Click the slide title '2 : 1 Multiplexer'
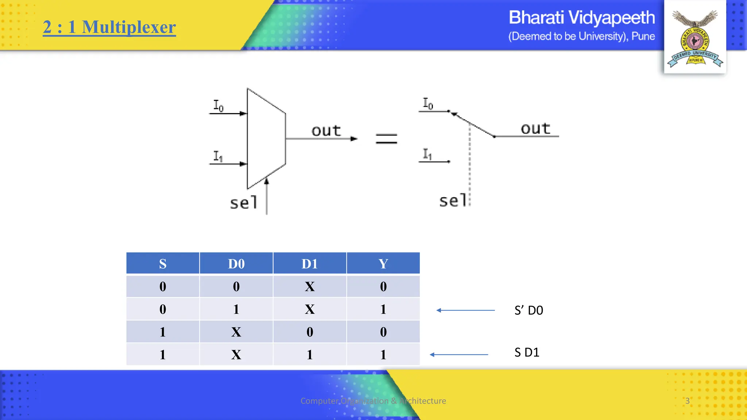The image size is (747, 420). click(x=109, y=27)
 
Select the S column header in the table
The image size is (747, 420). click(x=163, y=263)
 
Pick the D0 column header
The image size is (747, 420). click(x=236, y=263)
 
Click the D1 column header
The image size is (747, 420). click(x=309, y=263)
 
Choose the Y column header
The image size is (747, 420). click(x=383, y=263)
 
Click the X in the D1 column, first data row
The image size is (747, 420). click(x=309, y=287)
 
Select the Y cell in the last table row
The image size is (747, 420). click(x=383, y=354)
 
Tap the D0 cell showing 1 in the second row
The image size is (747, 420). click(x=236, y=309)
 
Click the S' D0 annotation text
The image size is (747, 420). click(x=529, y=310)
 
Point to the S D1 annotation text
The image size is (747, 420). click(x=527, y=352)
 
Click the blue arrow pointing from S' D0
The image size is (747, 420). click(x=465, y=310)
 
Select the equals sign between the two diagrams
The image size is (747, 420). click(x=386, y=139)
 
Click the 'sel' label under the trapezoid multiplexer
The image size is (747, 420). click(x=244, y=203)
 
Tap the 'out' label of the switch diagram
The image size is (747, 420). click(x=535, y=128)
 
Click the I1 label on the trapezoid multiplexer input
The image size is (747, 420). click(x=218, y=156)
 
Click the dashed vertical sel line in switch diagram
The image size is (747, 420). click(x=470, y=164)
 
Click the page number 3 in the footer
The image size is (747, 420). click(x=687, y=401)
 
